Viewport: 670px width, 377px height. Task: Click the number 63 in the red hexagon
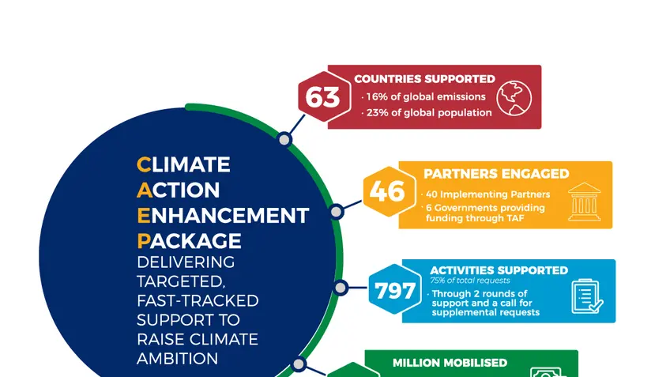322,97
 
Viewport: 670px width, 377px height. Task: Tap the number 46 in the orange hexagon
387,191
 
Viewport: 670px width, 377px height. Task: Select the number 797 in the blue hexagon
395,291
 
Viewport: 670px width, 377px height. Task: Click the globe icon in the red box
514,98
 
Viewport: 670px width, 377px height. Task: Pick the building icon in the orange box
584,202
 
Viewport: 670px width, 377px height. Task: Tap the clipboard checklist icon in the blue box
587,296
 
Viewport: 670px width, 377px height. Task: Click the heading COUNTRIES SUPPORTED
424,79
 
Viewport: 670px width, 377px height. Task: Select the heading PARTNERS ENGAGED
496,174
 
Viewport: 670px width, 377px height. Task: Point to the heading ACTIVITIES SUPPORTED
499,270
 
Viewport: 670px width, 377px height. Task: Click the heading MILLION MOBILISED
450,363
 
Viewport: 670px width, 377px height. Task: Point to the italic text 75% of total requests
470,281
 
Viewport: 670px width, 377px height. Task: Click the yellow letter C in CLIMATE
144,164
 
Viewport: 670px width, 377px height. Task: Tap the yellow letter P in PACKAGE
143,241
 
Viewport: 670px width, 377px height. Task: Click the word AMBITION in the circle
177,359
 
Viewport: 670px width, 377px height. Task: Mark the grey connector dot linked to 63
284,140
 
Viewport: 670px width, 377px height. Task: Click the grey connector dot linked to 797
341,288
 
